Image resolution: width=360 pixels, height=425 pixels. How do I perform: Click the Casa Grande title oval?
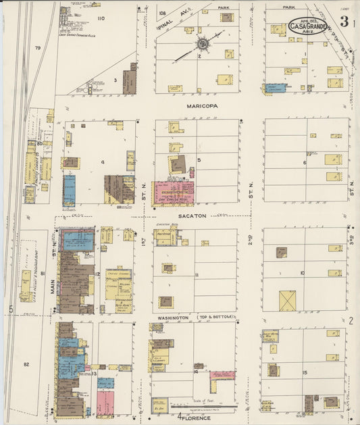(x=308, y=26)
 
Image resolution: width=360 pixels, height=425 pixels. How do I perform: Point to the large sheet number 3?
(x=344, y=22)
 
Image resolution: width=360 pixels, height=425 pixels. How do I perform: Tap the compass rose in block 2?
(x=201, y=44)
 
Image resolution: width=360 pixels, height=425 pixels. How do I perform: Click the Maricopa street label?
(x=201, y=106)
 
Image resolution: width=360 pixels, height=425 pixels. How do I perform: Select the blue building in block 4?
(x=70, y=190)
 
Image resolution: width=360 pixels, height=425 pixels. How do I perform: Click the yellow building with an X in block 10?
(x=288, y=301)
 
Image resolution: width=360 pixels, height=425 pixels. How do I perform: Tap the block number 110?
(x=101, y=18)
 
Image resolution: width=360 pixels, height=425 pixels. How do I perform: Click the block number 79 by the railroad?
(x=38, y=48)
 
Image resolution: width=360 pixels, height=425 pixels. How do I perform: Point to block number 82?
(x=27, y=364)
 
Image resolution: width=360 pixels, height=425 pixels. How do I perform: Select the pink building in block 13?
(x=105, y=402)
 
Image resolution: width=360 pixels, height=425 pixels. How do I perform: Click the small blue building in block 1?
(x=275, y=88)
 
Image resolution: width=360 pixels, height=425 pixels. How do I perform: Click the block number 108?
(x=162, y=13)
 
